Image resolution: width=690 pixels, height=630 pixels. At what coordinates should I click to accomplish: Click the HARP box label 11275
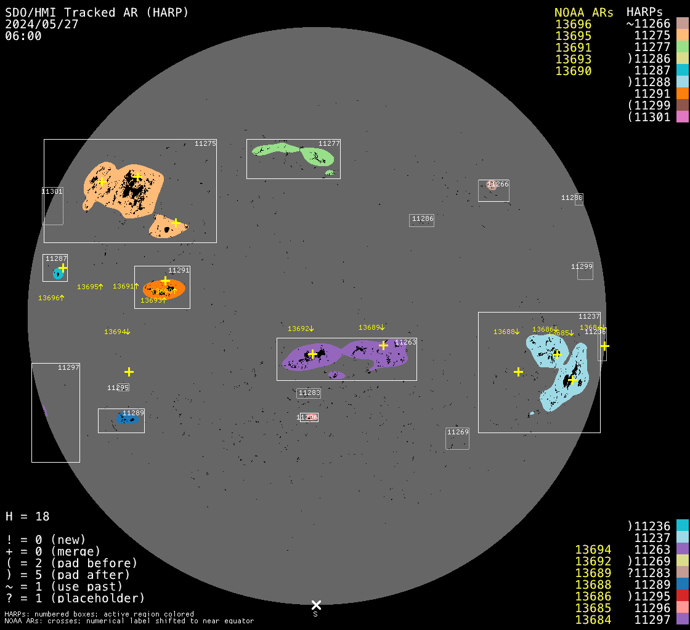[205, 143]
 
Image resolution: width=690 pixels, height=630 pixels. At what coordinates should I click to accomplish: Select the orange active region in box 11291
[164, 289]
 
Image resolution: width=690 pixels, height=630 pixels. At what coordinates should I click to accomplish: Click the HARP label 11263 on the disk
[405, 342]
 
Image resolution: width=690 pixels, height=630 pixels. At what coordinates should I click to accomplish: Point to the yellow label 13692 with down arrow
[301, 329]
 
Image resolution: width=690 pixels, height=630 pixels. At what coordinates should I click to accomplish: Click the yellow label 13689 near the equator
[371, 327]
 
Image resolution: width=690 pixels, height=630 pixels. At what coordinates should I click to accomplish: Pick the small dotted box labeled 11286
[422, 220]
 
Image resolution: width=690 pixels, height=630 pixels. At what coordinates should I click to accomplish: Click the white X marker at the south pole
[316, 605]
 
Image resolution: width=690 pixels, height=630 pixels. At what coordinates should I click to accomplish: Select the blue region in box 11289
[128, 419]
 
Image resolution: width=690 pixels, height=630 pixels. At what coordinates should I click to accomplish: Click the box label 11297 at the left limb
[68, 367]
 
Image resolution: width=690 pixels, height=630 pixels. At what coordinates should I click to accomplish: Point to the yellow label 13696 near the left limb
[51, 298]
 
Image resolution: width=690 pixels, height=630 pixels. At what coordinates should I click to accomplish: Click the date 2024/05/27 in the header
[41, 24]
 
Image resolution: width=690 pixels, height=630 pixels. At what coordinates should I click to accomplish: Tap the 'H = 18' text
[28, 516]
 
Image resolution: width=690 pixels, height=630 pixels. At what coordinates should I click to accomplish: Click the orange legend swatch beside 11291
[682, 94]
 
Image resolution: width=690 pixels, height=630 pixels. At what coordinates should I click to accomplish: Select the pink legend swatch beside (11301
[682, 117]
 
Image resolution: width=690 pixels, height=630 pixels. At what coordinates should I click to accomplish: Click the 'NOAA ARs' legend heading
[583, 12]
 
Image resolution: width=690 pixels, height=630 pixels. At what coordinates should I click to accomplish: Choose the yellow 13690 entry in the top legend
[573, 71]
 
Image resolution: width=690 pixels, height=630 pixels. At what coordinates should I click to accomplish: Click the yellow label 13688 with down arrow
[506, 332]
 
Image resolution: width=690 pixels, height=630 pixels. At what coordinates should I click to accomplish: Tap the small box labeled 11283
[309, 393]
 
